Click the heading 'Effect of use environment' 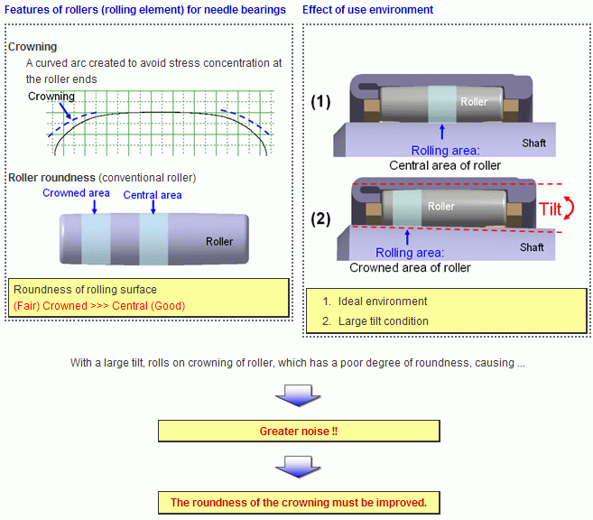[x=367, y=10]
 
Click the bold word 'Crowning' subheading [x=32, y=47]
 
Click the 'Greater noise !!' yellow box [x=298, y=431]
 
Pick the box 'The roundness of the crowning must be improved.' [x=298, y=502]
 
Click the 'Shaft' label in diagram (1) [x=533, y=144]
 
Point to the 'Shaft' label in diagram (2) [x=533, y=246]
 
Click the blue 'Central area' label [x=153, y=195]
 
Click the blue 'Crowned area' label [x=76, y=192]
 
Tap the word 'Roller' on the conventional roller [x=219, y=241]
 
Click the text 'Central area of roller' [x=445, y=165]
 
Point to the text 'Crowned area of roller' [x=410, y=267]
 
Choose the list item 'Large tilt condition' [x=383, y=320]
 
